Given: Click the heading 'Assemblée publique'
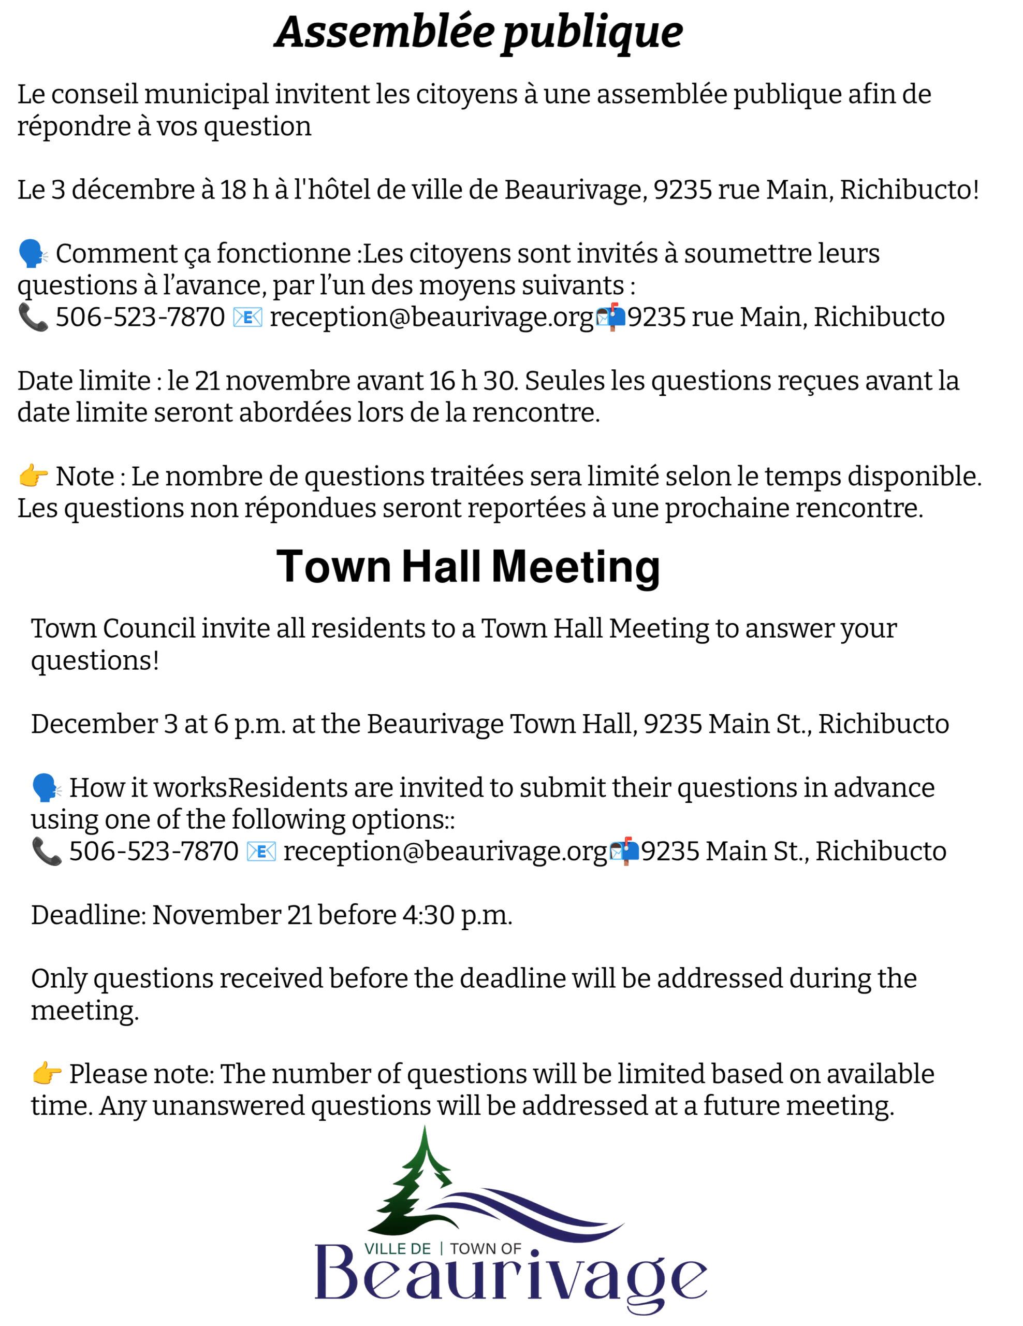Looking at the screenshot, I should tap(478, 33).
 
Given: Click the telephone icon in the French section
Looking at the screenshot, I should tap(33, 318).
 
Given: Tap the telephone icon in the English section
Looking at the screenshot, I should tap(46, 851).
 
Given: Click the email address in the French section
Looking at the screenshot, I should tap(431, 318).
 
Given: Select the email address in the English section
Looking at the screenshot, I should tap(445, 851).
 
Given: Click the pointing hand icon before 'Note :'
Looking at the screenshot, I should tap(33, 476).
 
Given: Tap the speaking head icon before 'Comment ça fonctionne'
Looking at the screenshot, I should tap(33, 254).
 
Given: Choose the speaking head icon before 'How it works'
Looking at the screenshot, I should tap(46, 787).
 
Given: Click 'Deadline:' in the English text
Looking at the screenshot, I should tap(88, 915).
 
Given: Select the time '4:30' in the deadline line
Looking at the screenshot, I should tap(428, 915).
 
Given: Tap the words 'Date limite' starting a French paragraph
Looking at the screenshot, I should tap(84, 381).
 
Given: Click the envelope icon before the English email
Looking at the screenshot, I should tap(261, 851).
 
